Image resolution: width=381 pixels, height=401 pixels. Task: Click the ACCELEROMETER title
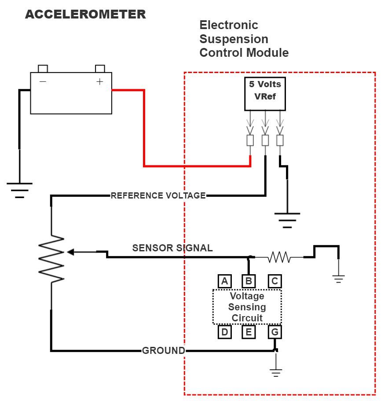[x=85, y=15]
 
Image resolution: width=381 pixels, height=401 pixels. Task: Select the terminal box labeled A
[x=224, y=281]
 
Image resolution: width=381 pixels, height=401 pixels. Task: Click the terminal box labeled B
[x=249, y=281]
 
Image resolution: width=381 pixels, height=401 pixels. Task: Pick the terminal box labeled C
[x=275, y=281]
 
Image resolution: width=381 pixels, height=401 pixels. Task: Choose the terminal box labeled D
[x=224, y=332]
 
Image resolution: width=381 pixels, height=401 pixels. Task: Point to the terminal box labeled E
[x=249, y=332]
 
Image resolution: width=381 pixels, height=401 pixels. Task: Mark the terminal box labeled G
[x=275, y=332]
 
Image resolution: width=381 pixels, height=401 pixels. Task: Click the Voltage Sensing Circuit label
[x=247, y=307]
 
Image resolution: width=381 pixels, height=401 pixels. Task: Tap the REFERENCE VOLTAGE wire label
[x=158, y=195]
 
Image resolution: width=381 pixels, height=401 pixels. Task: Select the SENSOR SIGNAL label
[x=172, y=248]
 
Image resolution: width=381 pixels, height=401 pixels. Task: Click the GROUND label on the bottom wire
[x=163, y=351]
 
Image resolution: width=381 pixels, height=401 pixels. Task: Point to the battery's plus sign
[x=100, y=81]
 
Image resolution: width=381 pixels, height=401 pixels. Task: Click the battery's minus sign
[x=43, y=81]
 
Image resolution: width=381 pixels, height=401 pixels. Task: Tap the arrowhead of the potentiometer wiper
[x=70, y=252]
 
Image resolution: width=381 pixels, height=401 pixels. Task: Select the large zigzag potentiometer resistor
[x=52, y=259]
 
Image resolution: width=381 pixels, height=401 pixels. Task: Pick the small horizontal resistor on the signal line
[x=279, y=257]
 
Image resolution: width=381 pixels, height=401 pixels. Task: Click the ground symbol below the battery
[x=19, y=190]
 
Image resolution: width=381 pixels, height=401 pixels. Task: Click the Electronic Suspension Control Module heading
[x=244, y=39]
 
